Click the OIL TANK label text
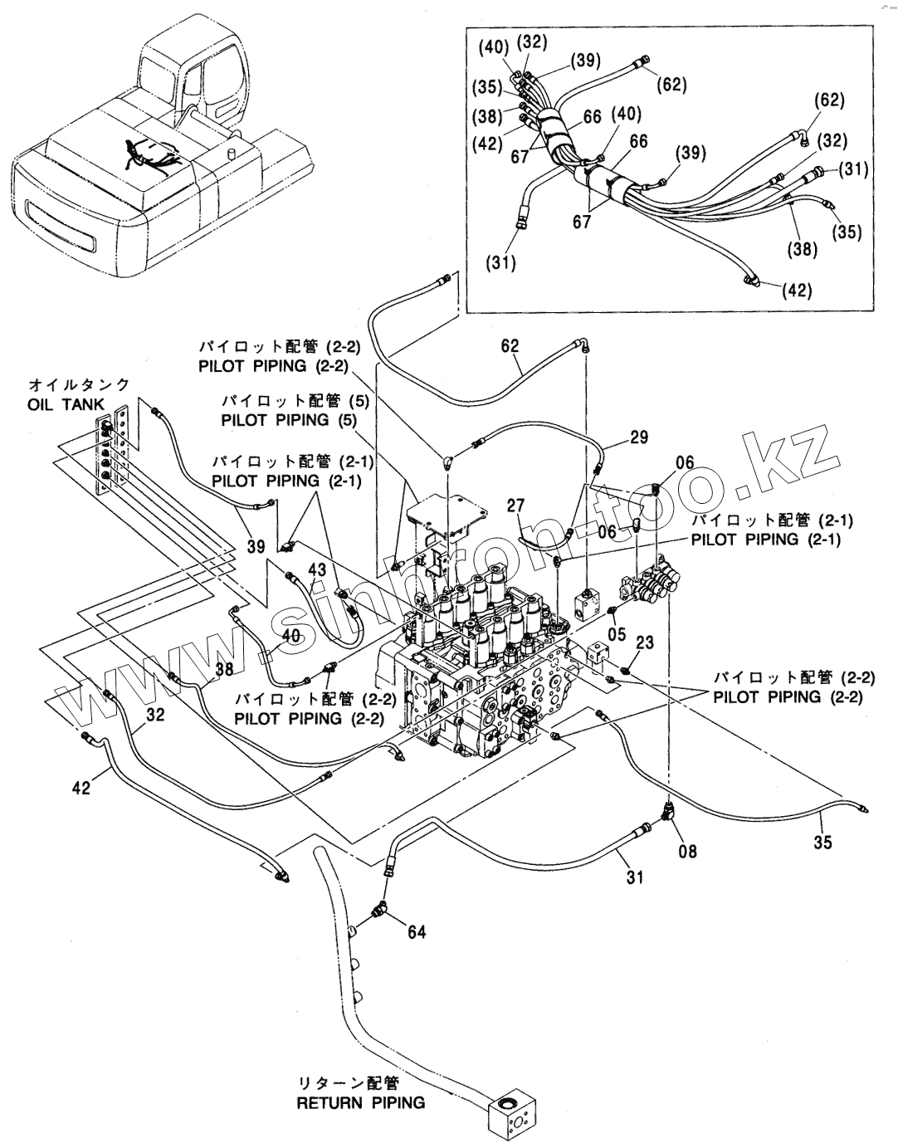(x=66, y=405)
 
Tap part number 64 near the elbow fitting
(x=417, y=932)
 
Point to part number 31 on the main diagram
(x=635, y=877)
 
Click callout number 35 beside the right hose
(x=822, y=843)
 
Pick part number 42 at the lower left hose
(x=81, y=788)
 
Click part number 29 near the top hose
(x=638, y=437)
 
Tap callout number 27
(x=515, y=506)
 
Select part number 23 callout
(x=644, y=643)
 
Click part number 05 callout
(x=617, y=633)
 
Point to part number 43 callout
(x=318, y=569)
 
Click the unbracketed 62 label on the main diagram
(x=510, y=346)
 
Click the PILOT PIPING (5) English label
(x=289, y=421)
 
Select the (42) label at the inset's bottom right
(x=797, y=290)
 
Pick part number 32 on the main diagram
(x=155, y=715)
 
